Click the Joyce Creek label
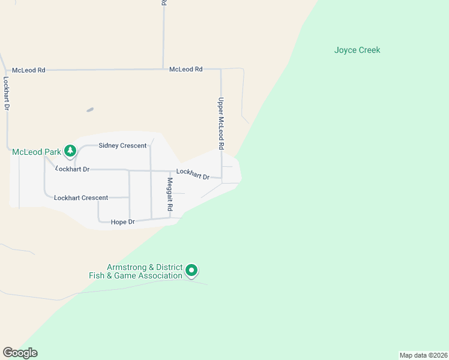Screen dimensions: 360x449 (x=357, y=50)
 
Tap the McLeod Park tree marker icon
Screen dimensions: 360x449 (x=70, y=151)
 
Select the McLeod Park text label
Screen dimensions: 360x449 (x=36, y=152)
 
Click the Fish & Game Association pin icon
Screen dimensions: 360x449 (x=191, y=271)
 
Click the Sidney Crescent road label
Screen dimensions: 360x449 (x=122, y=146)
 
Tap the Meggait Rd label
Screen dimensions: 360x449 (x=170, y=194)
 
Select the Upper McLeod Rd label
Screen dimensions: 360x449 (x=221, y=124)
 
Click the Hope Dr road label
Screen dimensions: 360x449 (x=123, y=222)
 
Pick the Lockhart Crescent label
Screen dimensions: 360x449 (x=81, y=198)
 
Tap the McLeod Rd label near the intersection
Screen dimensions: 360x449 (x=185, y=70)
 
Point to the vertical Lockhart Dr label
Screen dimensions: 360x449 (x=7, y=92)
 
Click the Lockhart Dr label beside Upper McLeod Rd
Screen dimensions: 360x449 (x=193, y=174)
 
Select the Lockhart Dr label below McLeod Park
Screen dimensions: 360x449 (x=73, y=170)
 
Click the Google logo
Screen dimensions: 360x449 (x=20, y=353)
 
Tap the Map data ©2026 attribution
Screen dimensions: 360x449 (x=423, y=355)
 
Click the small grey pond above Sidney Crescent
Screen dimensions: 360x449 (x=90, y=110)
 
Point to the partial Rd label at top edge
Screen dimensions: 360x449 (x=163, y=3)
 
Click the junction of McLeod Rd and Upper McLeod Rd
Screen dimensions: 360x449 (x=221, y=69)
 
